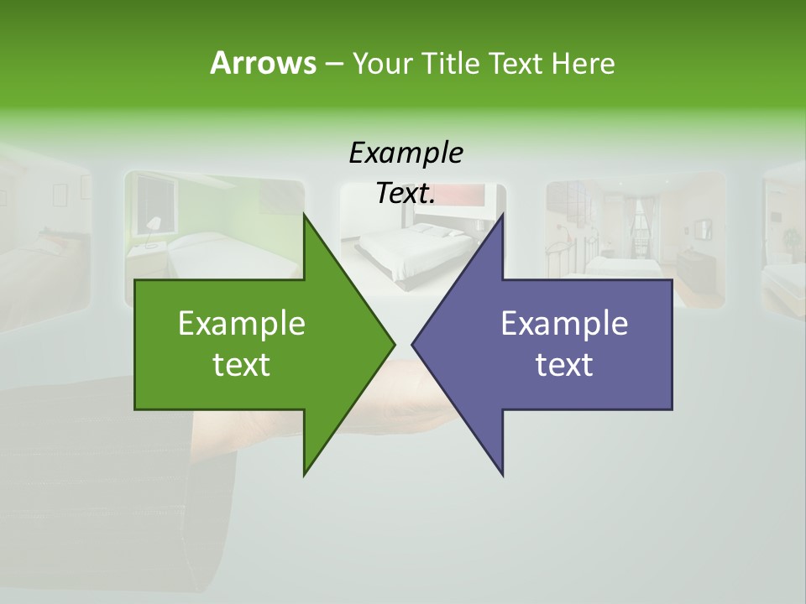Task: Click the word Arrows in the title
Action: [262, 63]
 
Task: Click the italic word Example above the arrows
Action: [406, 154]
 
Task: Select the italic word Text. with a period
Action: [406, 194]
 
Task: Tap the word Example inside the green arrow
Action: [242, 324]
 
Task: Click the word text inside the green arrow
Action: [242, 365]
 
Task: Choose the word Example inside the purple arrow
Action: [564, 324]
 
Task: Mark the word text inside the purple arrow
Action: [564, 365]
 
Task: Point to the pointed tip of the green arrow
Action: [393, 344]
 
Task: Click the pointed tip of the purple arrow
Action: [414, 344]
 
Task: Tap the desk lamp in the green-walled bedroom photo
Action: [153, 225]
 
